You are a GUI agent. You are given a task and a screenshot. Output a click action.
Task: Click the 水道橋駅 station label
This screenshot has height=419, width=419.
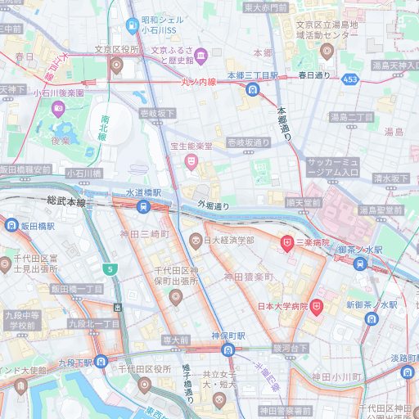click(143, 192)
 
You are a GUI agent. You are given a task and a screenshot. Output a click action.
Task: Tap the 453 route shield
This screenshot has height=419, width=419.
click(350, 79)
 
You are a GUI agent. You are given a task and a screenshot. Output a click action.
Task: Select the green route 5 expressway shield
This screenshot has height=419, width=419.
click(109, 268)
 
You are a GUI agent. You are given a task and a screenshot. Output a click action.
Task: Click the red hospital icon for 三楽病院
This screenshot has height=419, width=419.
click(287, 242)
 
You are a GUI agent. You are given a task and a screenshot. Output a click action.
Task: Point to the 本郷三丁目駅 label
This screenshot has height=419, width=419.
click(253, 75)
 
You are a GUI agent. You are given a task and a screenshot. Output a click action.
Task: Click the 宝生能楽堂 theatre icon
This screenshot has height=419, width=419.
click(192, 161)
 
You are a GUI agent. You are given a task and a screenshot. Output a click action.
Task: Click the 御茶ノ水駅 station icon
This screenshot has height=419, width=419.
click(360, 264)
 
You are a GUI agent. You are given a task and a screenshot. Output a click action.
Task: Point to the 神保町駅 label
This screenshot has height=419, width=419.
click(228, 336)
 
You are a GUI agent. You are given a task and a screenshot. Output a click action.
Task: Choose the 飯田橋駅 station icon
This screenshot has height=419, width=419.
click(11, 225)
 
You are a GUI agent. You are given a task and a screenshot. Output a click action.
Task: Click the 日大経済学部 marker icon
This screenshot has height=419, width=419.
click(196, 241)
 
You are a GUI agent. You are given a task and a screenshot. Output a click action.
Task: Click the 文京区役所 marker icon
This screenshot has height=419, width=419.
click(115, 65)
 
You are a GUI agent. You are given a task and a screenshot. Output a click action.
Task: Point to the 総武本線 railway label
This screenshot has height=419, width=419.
click(67, 200)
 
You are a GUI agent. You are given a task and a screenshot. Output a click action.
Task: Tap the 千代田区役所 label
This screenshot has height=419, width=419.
click(140, 369)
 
